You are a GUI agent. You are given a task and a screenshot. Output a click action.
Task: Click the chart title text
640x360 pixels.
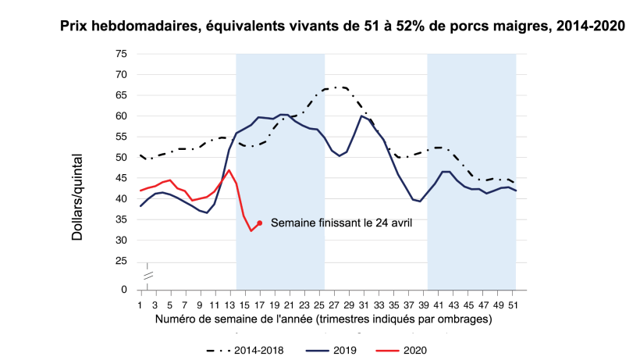(343, 26)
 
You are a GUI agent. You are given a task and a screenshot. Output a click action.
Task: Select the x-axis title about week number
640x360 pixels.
(323, 319)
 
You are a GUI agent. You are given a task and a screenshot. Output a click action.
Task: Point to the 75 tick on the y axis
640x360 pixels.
(121, 54)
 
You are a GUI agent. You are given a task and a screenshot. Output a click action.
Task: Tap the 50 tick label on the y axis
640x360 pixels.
(121, 158)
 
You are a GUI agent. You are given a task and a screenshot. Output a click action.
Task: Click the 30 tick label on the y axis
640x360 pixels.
(121, 241)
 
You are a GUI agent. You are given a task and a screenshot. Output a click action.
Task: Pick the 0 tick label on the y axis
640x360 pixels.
(123, 290)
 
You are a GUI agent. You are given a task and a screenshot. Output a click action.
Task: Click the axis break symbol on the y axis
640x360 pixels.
(146, 274)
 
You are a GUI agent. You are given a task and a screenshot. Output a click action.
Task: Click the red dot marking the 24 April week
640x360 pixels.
(259, 223)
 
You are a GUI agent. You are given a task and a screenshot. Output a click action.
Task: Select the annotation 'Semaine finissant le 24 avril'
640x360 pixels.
(340, 223)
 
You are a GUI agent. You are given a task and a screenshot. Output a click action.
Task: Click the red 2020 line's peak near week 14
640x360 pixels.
(229, 170)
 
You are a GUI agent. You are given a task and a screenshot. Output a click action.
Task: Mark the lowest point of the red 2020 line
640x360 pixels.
(251, 231)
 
